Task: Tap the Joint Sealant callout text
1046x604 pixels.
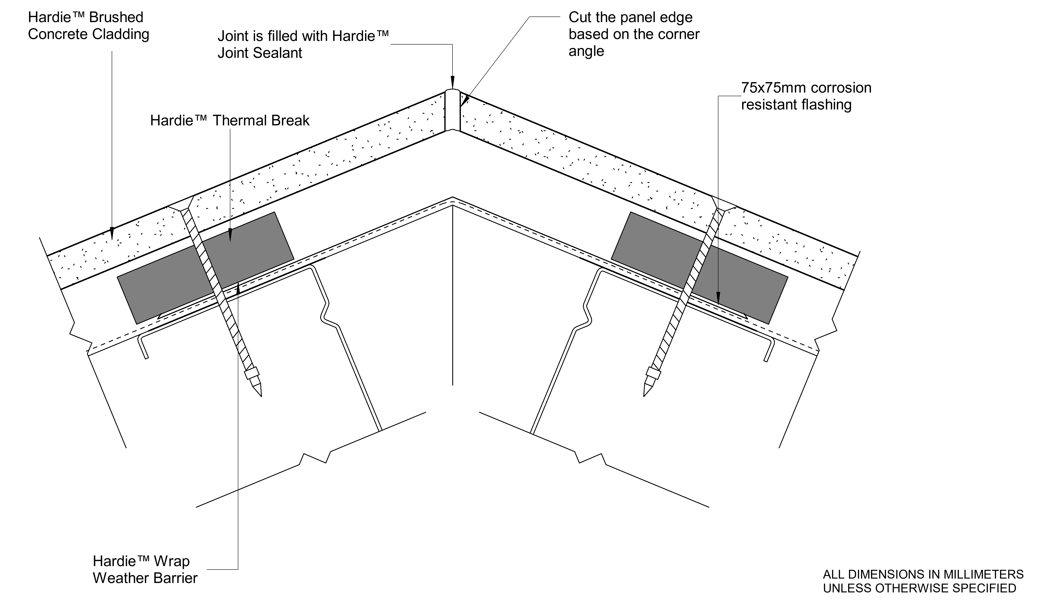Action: [x=303, y=44]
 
